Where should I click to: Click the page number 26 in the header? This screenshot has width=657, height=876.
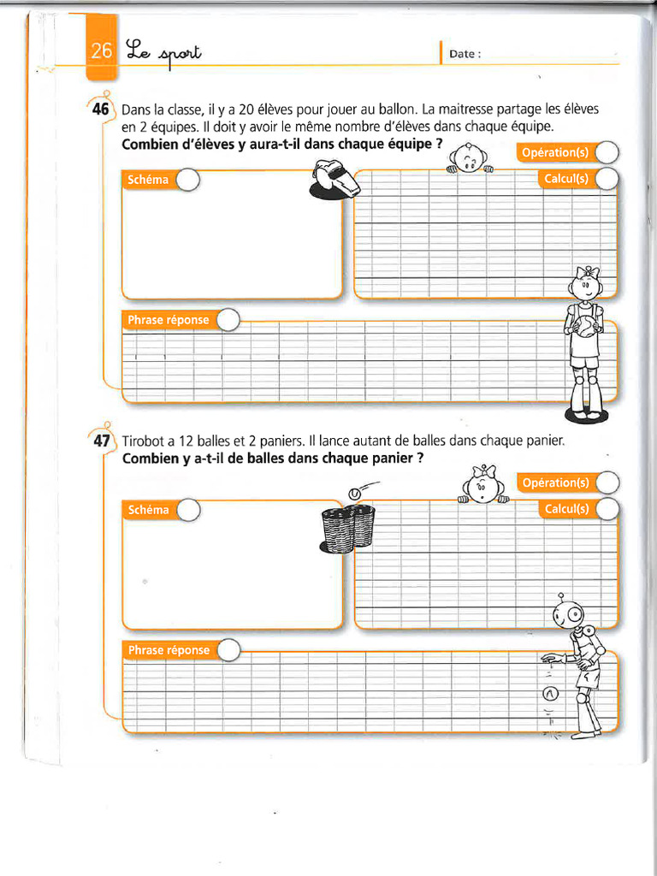coord(102,51)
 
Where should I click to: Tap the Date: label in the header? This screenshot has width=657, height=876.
coord(465,54)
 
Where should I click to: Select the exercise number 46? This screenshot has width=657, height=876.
coord(101,109)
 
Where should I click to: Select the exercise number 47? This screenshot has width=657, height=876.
coord(101,441)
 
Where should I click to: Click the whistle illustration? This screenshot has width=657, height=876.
coord(334,181)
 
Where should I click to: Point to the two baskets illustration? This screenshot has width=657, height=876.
coord(347,528)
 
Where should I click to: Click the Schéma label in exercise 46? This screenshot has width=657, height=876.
coord(148,181)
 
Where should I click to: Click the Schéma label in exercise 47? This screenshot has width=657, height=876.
coord(148,510)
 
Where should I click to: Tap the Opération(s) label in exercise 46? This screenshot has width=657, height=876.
coord(555,153)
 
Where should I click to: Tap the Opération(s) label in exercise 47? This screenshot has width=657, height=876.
coord(555,482)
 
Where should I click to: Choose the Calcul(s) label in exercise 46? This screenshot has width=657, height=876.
coord(565,179)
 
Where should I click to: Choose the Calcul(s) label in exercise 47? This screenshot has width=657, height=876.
coord(565,509)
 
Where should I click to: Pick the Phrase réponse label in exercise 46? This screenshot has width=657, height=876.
coord(168,320)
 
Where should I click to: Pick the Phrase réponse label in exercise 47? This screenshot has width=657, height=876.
coord(168,650)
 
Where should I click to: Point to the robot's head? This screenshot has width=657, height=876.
coord(569,613)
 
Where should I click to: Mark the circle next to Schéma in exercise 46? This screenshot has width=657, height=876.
coord(187,181)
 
